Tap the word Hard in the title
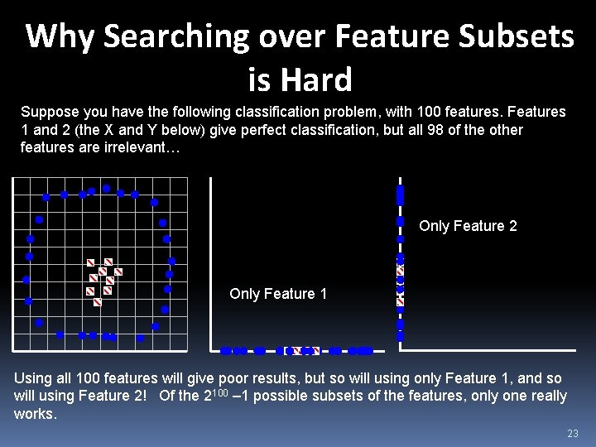tap(317, 80)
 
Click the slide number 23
tap(572, 434)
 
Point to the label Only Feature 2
tap(468, 226)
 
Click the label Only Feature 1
tap(278, 294)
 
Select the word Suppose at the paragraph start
tap(46, 112)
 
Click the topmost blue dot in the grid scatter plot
tap(107, 189)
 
